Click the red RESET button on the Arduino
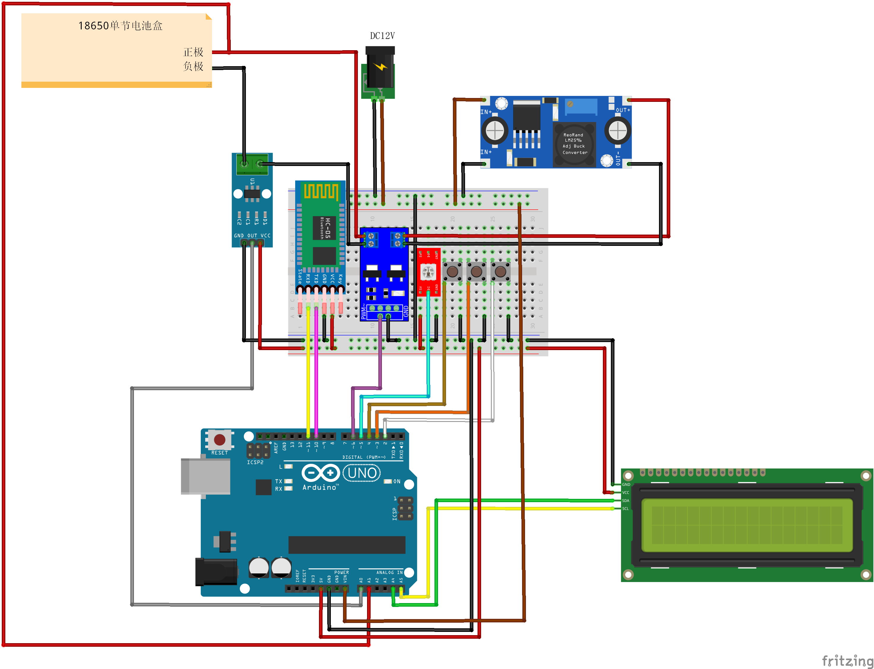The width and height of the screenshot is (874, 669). click(x=219, y=440)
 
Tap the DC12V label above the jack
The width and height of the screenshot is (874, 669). click(x=382, y=36)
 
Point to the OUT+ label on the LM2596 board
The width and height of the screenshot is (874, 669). click(x=623, y=110)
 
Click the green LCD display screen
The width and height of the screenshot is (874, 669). click(x=747, y=525)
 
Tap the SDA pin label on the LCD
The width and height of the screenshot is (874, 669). click(x=625, y=501)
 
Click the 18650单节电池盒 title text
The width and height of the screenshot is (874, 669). click(x=120, y=26)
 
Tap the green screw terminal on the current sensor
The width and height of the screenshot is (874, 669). click(x=252, y=164)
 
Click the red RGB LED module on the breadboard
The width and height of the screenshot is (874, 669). click(x=429, y=272)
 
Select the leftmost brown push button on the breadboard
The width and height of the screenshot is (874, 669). click(x=452, y=272)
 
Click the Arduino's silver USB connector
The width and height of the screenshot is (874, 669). click(x=206, y=476)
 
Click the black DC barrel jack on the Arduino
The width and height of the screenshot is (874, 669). click(x=216, y=572)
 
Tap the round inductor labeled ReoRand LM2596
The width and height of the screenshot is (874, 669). click(x=575, y=144)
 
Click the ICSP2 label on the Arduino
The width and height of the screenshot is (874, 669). click(x=255, y=462)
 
